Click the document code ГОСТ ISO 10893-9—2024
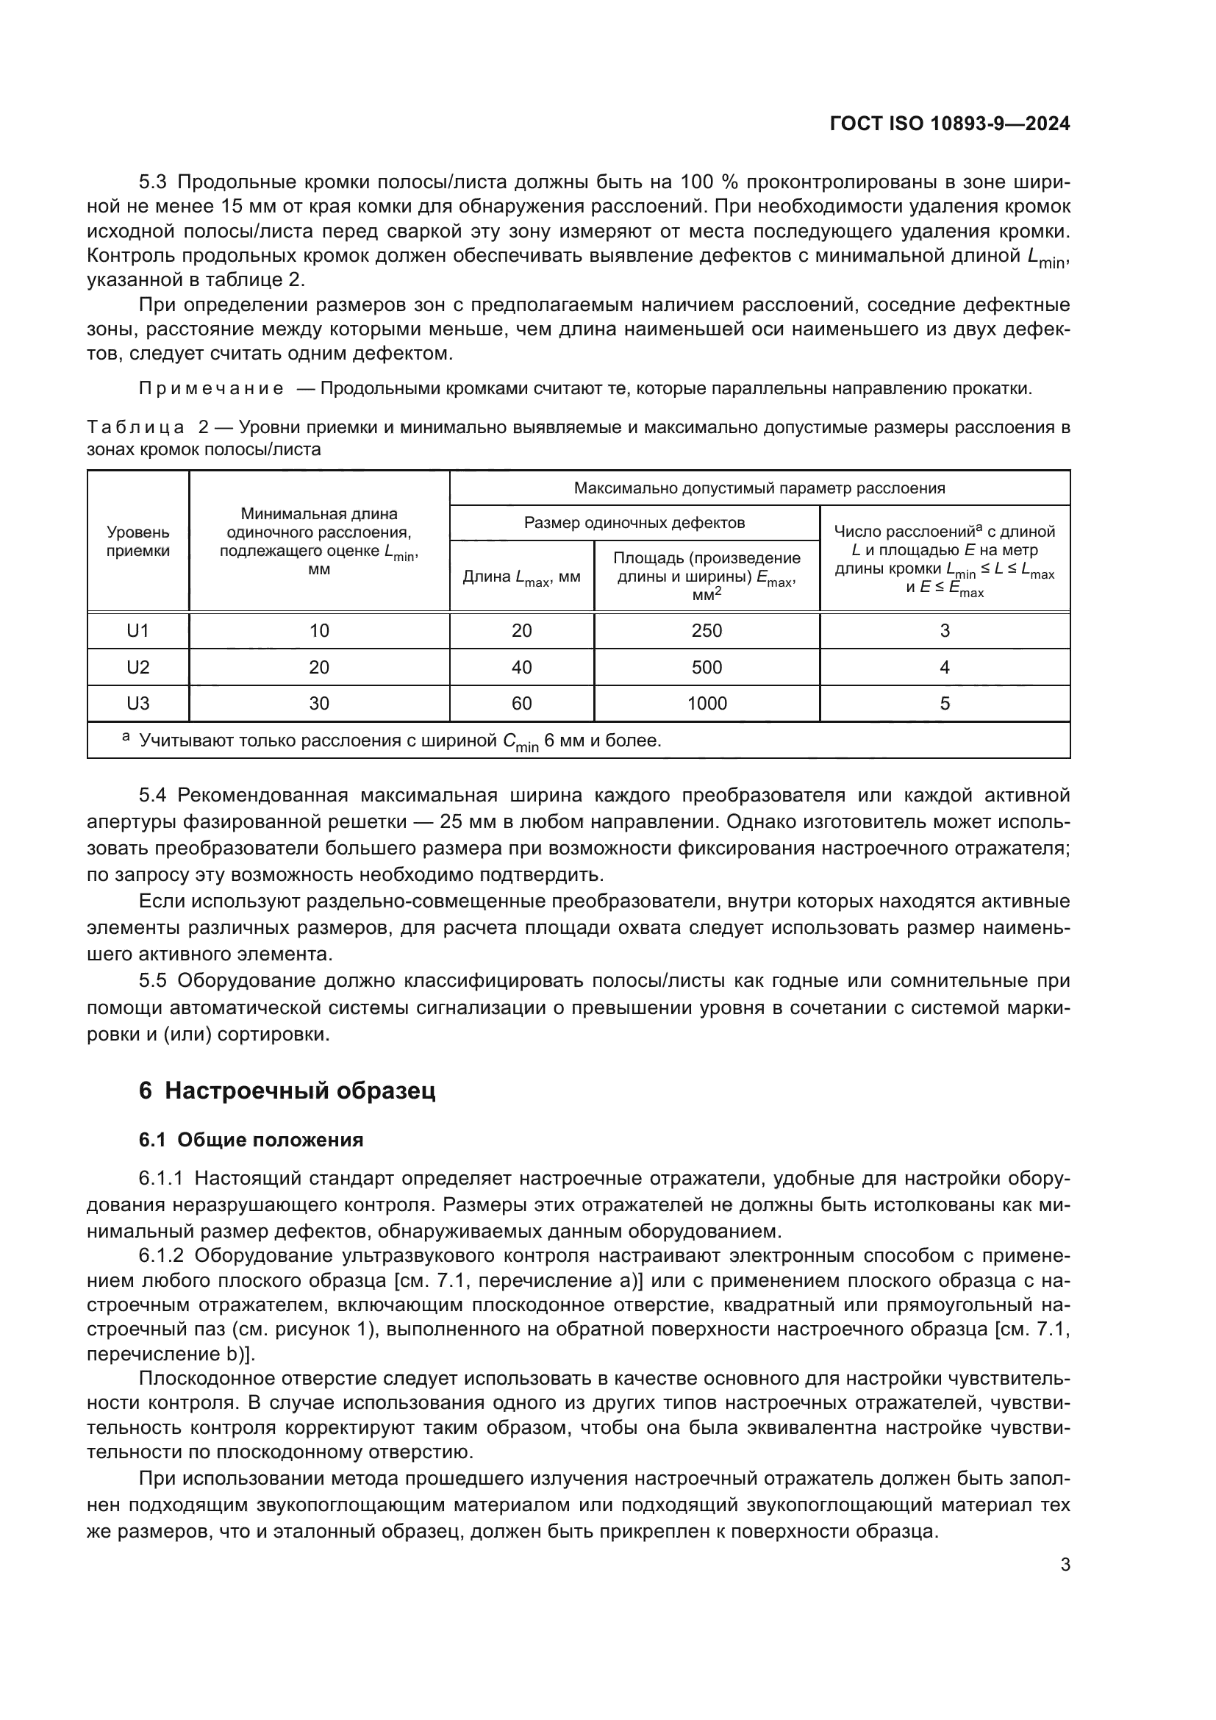949,124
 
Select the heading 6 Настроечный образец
287,1091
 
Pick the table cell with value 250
706,631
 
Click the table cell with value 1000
706,704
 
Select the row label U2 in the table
137,668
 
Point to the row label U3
137,704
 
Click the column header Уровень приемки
137,541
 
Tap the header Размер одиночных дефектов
634,523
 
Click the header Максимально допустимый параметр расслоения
759,488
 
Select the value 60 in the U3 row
521,704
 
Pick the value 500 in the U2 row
706,668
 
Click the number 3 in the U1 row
944,631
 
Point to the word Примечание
211,389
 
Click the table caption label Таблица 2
148,428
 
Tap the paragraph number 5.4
155,795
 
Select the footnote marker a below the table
126,738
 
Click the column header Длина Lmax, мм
521,577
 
